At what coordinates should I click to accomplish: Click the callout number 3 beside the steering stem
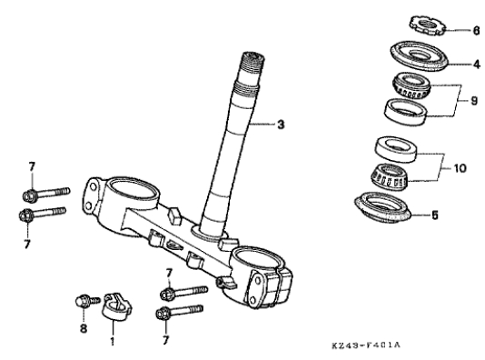281,125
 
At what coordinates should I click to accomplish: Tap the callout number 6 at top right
476,31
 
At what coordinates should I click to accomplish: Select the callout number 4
477,65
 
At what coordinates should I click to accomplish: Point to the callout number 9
474,101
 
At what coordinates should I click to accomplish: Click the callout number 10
460,168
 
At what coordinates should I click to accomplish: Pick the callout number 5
435,215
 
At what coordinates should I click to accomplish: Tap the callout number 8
84,328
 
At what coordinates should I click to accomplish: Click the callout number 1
113,341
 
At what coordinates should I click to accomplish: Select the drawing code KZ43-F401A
366,345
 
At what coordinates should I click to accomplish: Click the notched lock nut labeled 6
428,25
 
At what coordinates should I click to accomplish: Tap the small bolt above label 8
87,301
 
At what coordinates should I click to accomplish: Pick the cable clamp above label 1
116,306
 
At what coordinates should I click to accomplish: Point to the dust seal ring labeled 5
382,207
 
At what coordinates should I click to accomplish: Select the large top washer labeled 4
419,55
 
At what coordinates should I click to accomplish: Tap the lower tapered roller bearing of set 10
390,176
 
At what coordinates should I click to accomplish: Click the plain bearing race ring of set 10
396,149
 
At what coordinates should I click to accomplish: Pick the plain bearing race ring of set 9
405,112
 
